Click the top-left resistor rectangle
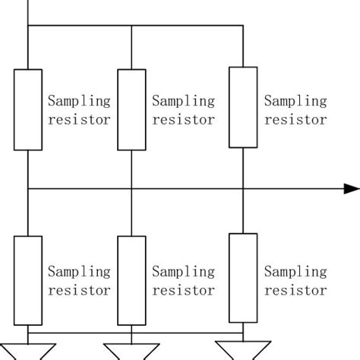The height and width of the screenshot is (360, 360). [x=27, y=110]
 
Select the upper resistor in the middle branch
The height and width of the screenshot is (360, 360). [x=131, y=110]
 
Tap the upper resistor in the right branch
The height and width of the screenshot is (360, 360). [x=242, y=106]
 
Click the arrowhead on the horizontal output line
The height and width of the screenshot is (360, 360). [x=351, y=189]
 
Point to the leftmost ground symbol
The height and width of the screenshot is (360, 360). [x=27, y=352]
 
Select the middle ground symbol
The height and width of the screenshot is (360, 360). [x=131, y=352]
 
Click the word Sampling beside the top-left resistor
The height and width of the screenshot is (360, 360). [x=79, y=101]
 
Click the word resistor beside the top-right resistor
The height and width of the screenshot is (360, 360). [x=295, y=119]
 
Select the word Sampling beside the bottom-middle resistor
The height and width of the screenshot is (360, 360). [x=184, y=271]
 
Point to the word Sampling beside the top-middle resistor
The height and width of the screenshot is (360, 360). [x=184, y=101]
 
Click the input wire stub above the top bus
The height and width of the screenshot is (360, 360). [x=27, y=12]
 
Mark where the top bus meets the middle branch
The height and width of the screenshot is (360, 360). [x=131, y=27]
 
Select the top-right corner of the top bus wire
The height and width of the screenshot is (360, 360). [x=242, y=27]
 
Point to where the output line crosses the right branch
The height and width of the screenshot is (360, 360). [x=242, y=189]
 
